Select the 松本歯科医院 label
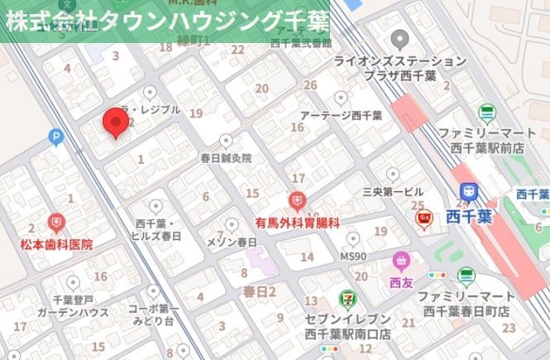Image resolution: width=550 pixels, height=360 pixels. point(56,245)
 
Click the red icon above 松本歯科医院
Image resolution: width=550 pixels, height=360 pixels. point(55,223)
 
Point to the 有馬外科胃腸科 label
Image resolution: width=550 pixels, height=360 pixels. point(297,223)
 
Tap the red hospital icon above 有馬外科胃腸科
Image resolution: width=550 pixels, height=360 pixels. point(297,201)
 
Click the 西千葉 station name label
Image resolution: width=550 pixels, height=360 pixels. point(469,216)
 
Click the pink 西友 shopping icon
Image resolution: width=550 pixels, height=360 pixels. point(401,262)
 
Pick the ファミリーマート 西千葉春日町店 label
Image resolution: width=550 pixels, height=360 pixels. point(466,303)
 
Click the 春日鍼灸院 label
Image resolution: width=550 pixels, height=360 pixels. point(226,157)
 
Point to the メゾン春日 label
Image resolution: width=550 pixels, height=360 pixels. point(232,242)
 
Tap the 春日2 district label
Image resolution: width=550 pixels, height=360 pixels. point(259,291)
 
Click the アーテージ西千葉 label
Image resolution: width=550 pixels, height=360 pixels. point(341,116)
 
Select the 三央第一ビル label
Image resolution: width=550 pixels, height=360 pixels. point(393,191)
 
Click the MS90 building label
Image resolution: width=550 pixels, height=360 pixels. point(354,257)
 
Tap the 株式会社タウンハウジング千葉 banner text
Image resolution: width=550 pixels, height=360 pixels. point(165,20)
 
